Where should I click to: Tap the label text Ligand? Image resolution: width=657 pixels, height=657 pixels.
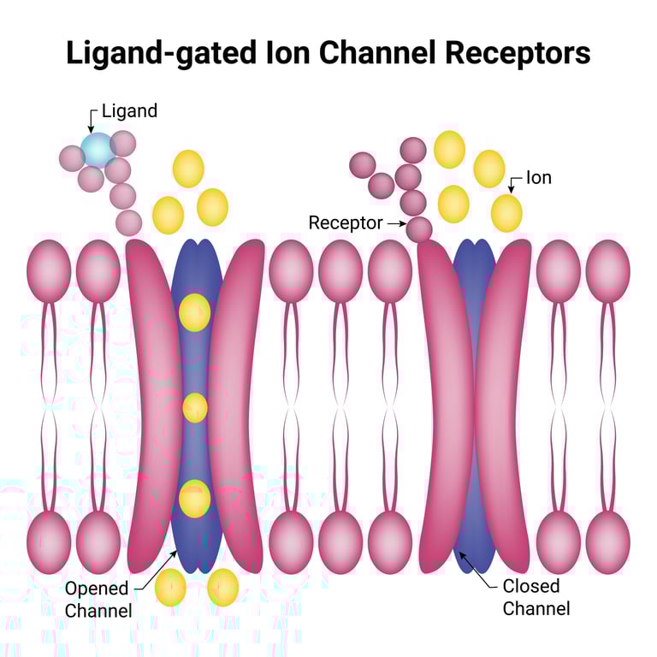(129, 111)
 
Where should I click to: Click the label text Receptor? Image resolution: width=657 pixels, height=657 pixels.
(345, 223)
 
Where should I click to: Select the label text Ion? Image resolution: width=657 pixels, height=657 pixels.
(538, 178)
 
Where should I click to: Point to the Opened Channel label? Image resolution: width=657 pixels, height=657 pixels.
(98, 600)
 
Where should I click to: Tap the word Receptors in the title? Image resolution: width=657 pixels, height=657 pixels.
(518, 53)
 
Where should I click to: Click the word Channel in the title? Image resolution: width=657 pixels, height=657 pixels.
(382, 53)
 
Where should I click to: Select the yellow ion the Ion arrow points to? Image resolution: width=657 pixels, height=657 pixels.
(506, 213)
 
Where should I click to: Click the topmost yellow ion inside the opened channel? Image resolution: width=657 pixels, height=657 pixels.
(194, 312)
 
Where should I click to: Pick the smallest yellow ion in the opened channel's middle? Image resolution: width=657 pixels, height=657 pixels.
(195, 407)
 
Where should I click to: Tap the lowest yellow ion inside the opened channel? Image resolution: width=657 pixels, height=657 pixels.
(194, 499)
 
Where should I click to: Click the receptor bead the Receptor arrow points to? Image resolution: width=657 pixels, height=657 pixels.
(418, 229)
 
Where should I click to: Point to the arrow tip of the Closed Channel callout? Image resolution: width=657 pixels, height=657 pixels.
(460, 553)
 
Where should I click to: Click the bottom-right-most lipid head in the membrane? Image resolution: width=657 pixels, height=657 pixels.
(608, 540)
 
